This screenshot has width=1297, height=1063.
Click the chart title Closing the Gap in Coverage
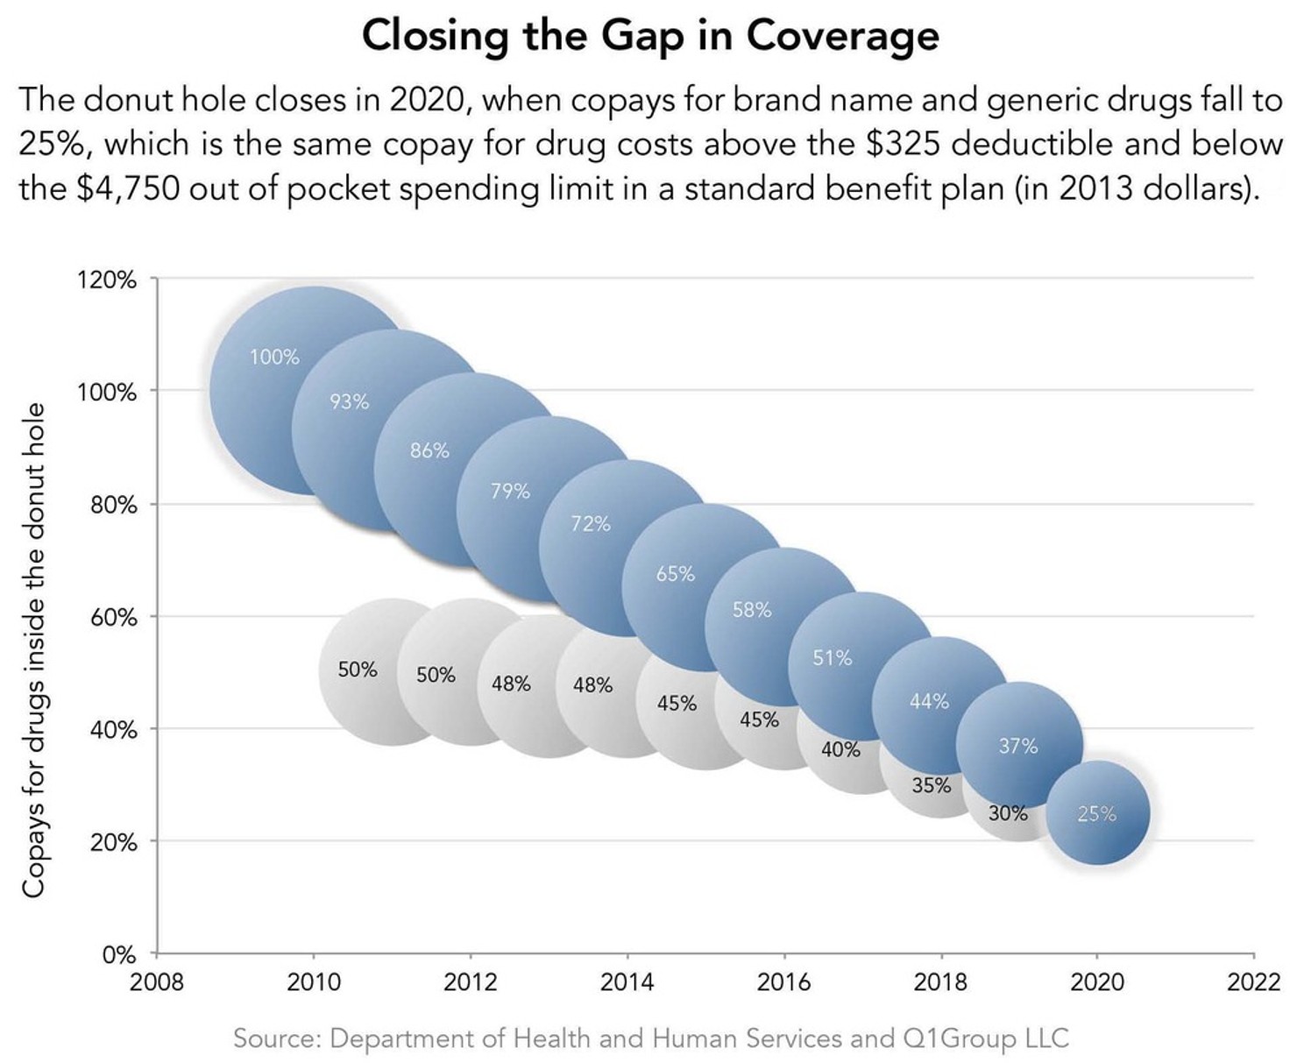tap(649, 37)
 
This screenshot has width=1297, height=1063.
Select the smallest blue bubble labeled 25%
tap(1097, 813)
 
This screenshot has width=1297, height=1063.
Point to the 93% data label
tap(349, 402)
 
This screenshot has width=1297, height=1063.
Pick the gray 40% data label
tap(840, 750)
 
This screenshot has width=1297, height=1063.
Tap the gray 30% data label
tap(1008, 813)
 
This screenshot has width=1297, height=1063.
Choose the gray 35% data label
tap(931, 785)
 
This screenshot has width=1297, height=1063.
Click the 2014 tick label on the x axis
tap(627, 982)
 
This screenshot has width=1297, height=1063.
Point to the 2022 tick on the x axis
tap(1253, 982)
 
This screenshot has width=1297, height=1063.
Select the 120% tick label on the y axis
tap(107, 280)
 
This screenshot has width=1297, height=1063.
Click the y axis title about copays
tap(33, 649)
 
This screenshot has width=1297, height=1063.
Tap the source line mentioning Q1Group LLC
tap(650, 1038)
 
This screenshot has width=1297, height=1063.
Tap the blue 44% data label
tap(929, 701)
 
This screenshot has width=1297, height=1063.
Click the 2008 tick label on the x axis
tap(157, 982)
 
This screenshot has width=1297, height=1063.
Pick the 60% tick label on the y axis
tap(113, 618)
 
